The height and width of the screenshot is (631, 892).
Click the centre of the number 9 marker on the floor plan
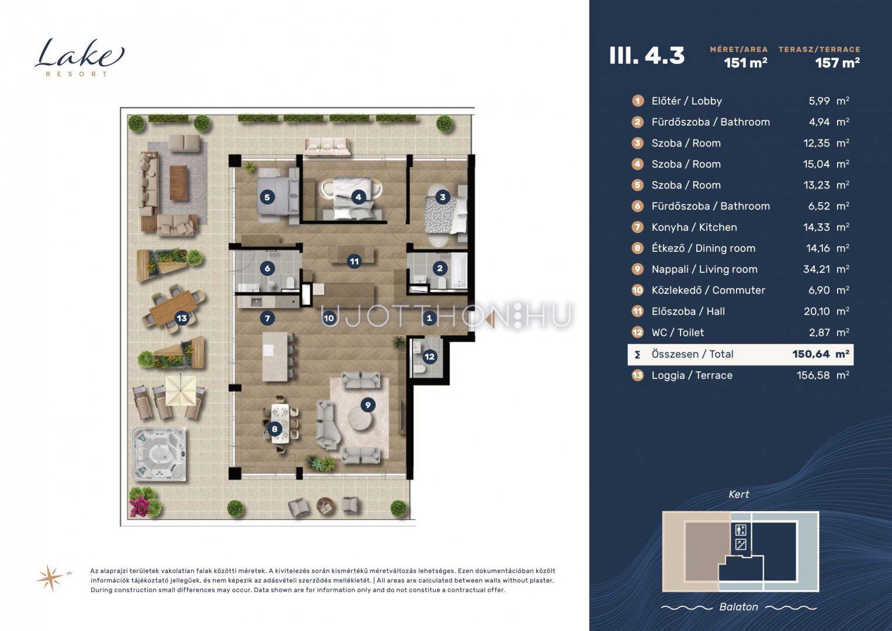click(x=367, y=405)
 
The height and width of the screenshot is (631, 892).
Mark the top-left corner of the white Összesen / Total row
click(x=628, y=344)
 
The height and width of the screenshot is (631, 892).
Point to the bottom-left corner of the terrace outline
click(x=121, y=525)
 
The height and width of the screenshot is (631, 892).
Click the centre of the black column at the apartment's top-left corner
click(x=235, y=161)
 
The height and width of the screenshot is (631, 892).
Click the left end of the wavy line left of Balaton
click(x=662, y=608)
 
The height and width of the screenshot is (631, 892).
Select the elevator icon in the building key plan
click(x=740, y=531)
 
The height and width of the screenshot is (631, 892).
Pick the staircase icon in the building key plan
click(x=740, y=544)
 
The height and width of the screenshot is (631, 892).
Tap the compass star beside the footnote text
click(x=51, y=578)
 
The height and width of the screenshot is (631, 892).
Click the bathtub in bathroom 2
click(x=461, y=271)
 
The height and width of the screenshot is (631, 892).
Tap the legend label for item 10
click(x=708, y=290)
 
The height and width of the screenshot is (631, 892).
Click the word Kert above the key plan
click(x=739, y=494)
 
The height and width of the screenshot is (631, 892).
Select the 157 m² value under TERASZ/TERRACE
click(x=837, y=63)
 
